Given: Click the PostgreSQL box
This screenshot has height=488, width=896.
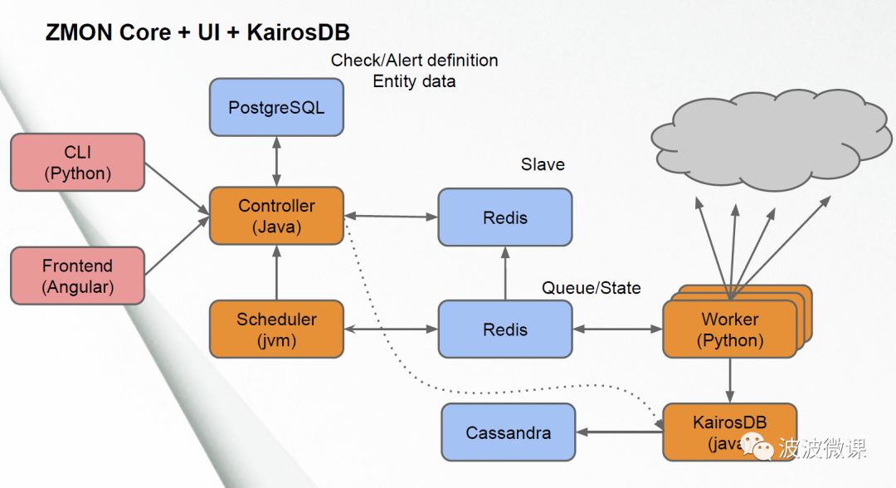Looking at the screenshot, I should (x=276, y=107).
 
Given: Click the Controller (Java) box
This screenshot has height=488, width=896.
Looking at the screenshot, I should (x=276, y=216).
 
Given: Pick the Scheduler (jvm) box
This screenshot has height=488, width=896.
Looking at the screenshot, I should (x=276, y=329).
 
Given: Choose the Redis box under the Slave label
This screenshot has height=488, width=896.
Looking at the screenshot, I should (x=504, y=217).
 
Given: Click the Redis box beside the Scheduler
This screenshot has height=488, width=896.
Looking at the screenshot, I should (x=504, y=329).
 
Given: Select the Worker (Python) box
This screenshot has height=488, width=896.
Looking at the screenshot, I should (x=729, y=329).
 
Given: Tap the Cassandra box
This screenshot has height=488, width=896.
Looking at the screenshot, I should (x=508, y=432).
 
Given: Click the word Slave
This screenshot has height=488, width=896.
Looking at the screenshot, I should (x=543, y=164).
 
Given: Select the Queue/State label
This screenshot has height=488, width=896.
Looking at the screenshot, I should (x=591, y=288).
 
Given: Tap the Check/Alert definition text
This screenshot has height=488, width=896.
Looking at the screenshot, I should (x=414, y=60).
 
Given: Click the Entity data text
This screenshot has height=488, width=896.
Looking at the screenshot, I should (x=414, y=81).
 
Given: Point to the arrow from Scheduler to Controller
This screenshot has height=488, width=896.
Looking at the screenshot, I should (x=276, y=273).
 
